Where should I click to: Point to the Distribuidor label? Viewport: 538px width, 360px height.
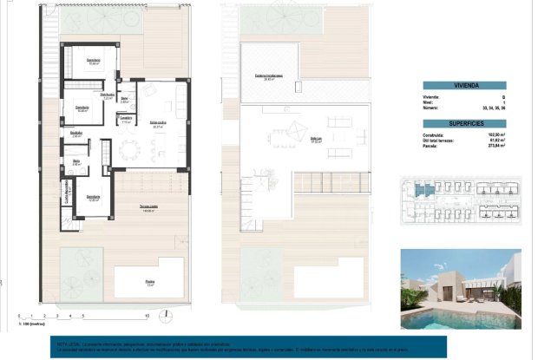point(108,95)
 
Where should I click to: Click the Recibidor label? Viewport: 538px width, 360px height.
point(76,134)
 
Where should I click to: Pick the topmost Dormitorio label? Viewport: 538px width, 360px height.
point(93,61)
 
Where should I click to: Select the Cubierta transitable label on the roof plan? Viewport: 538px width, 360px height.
point(265,76)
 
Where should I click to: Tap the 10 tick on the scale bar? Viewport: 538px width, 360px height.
point(148,317)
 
